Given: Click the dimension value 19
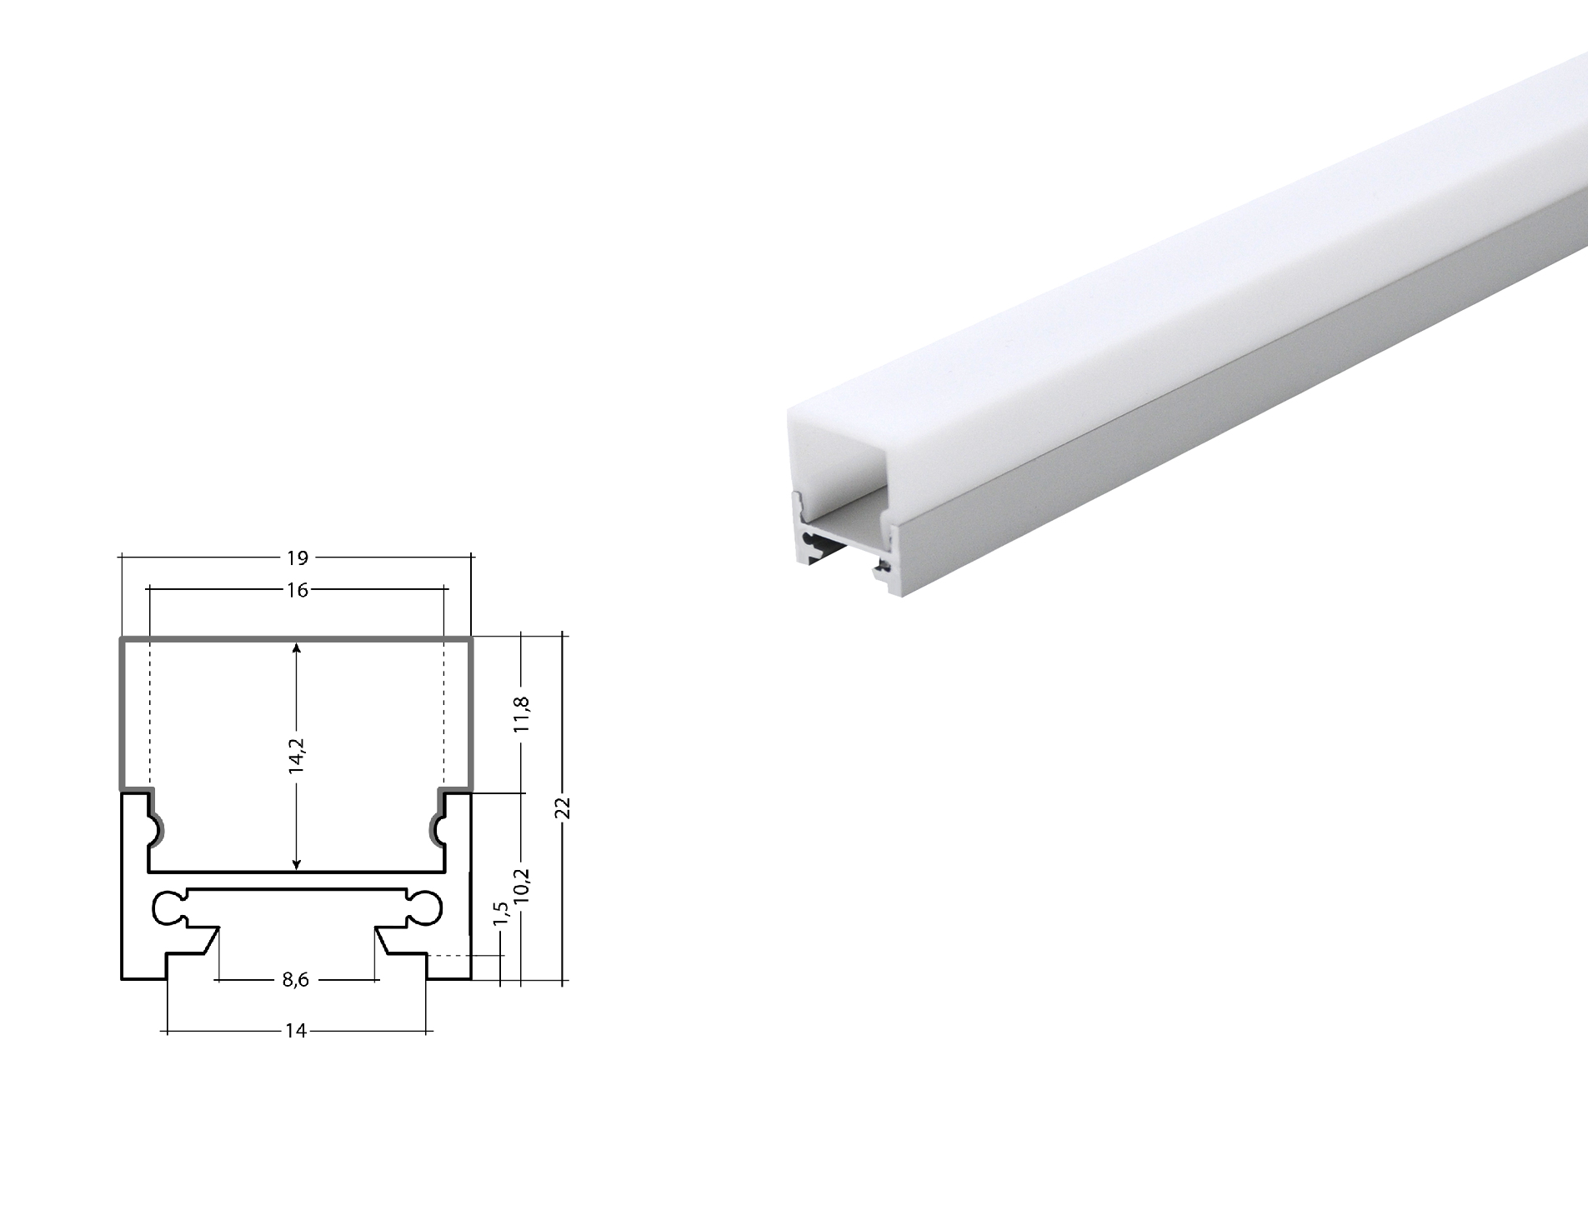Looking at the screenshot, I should click(298, 557).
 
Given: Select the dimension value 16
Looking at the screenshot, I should click(297, 590).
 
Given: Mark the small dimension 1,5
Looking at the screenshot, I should click(500, 913).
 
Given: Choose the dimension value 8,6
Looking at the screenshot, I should click(295, 980).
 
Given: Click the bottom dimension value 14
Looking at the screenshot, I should click(295, 1032).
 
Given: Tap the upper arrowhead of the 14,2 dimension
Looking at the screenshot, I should click(297, 646).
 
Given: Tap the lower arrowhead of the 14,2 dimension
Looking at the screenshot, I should click(297, 866).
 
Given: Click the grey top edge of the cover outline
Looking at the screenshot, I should click(297, 639).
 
